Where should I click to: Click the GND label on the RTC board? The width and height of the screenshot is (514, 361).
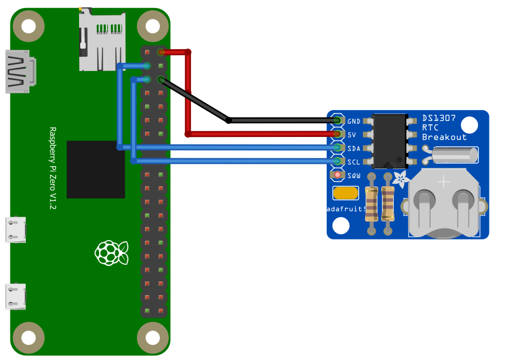pyautogui.click(x=354, y=121)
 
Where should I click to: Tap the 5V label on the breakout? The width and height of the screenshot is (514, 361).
pyautogui.click(x=352, y=135)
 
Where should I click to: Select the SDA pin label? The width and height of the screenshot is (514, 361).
pyautogui.click(x=354, y=148)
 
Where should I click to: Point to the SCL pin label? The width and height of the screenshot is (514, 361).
pyautogui.click(x=354, y=162)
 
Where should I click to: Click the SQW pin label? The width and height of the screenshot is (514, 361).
pyautogui.click(x=354, y=175)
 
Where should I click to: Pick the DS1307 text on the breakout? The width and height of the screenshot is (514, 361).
pyautogui.click(x=439, y=118)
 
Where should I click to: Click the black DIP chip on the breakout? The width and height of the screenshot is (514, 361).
pyautogui.click(x=390, y=141)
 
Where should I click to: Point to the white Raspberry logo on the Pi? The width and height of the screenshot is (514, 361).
pyautogui.click(x=111, y=253)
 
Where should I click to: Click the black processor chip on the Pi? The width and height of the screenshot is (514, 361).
pyautogui.click(x=96, y=170)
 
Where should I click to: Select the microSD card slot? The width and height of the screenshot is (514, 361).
pyautogui.click(x=102, y=40)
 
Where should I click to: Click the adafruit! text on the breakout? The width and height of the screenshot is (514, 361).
pyautogui.click(x=346, y=209)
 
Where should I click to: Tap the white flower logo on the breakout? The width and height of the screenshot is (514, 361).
pyautogui.click(x=402, y=180)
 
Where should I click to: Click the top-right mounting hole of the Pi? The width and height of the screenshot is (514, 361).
pyautogui.click(x=152, y=26)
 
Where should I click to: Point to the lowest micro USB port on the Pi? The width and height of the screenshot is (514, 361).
pyautogui.click(x=16, y=296)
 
